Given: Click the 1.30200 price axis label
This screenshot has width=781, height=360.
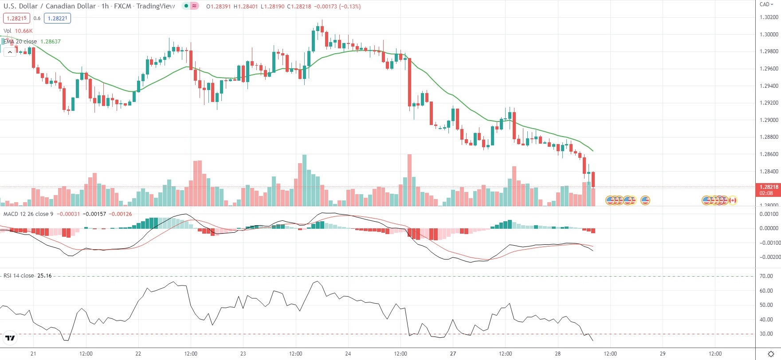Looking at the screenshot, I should [x=769, y=17].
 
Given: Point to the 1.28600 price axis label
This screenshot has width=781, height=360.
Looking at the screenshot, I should [x=769, y=154].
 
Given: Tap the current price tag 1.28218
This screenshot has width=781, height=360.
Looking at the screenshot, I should [x=768, y=187].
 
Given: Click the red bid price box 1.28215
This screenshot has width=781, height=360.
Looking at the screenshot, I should [x=16, y=18].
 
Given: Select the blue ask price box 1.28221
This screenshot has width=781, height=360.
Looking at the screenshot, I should [x=57, y=18].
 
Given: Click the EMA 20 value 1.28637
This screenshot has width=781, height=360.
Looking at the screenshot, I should [x=51, y=42].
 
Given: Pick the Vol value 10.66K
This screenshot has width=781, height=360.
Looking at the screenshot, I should [x=24, y=31].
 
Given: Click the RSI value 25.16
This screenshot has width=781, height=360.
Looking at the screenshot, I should [x=44, y=276].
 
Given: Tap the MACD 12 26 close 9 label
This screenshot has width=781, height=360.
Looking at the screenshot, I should [x=28, y=214].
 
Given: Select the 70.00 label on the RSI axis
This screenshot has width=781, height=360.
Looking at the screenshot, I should [x=766, y=276].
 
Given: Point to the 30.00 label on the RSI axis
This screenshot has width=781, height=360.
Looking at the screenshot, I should [x=766, y=334].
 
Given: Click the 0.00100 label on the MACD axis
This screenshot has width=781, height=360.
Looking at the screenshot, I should [x=769, y=214].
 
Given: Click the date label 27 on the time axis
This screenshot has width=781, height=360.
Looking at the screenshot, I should [x=453, y=354].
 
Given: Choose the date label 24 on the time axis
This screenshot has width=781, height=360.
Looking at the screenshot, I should [x=348, y=354].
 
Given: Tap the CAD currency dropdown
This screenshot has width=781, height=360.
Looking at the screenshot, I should [x=766, y=4].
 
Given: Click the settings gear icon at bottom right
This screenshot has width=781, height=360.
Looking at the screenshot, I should [x=771, y=354].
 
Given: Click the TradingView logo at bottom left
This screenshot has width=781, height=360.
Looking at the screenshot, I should [x=10, y=338].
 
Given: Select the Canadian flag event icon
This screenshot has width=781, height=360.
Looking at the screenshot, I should [x=733, y=200].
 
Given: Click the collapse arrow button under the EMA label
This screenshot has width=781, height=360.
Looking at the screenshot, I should [x=10, y=52].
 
